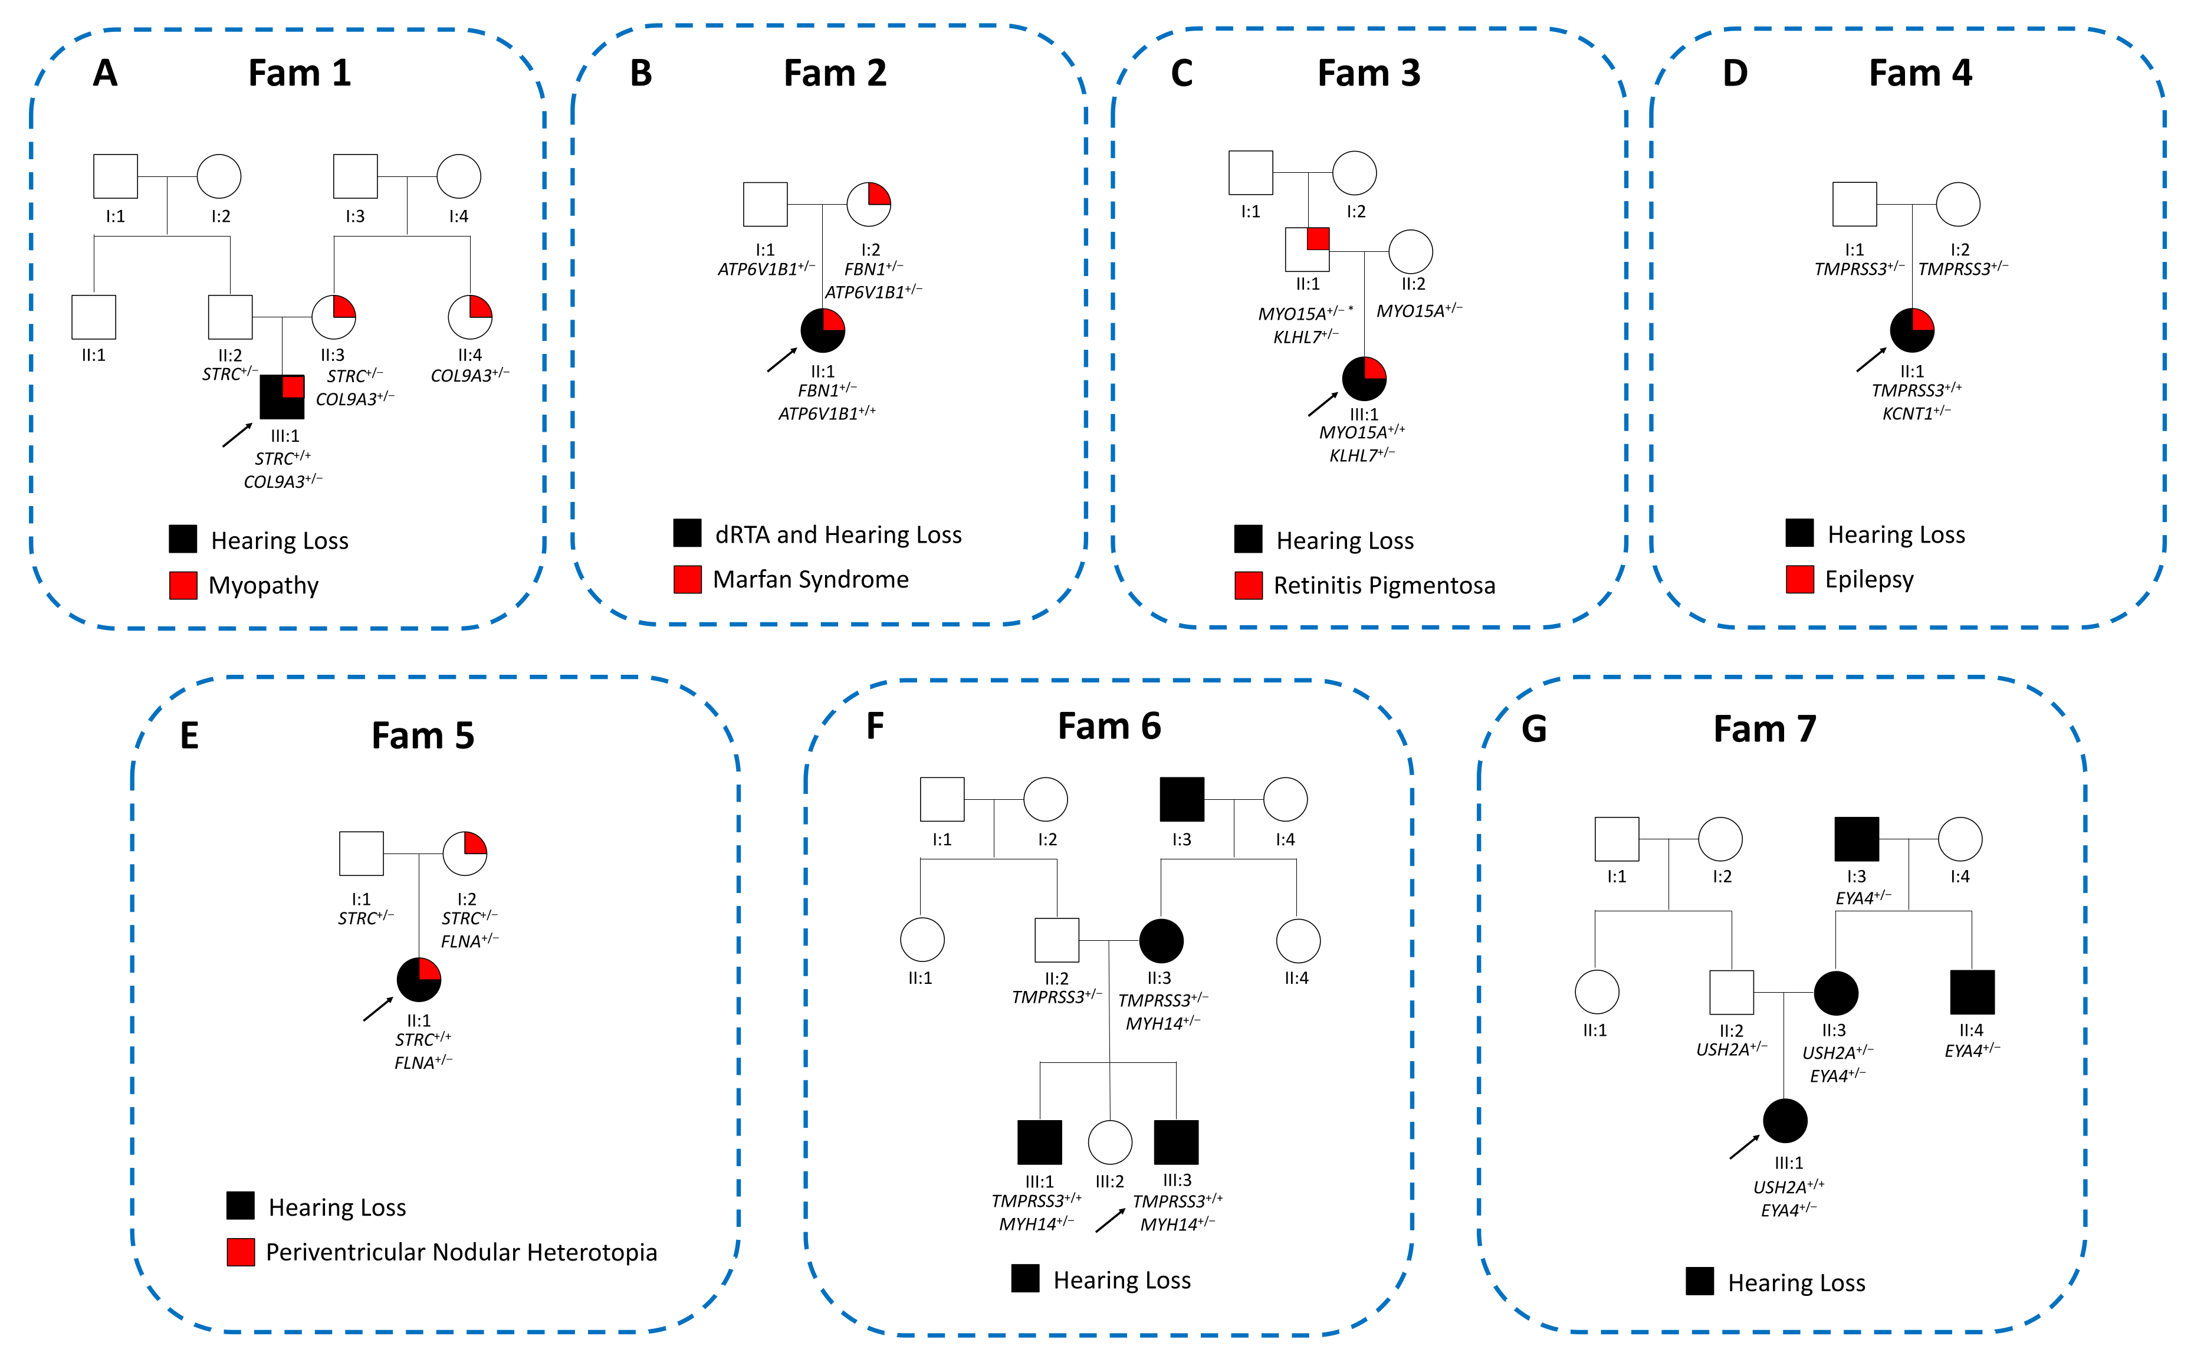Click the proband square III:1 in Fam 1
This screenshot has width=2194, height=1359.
[281, 396]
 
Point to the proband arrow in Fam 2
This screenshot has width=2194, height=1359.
[781, 360]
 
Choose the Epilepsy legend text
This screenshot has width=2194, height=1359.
[1869, 580]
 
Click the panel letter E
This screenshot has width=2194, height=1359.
[189, 735]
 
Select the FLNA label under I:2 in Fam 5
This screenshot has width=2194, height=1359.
[469, 941]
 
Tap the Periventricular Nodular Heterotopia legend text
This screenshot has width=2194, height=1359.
[461, 1252]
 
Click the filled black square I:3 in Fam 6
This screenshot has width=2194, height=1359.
[1181, 799]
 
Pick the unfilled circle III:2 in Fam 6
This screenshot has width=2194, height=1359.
[1109, 1143]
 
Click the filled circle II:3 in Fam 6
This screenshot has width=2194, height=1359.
[1161, 940]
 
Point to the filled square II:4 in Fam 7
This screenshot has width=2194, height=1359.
[1972, 992]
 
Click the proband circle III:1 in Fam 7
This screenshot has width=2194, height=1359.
[1784, 1121]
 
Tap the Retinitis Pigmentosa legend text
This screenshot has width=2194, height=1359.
[1384, 586]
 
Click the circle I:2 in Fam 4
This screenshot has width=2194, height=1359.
[1957, 204]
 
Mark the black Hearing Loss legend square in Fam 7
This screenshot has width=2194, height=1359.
[1699, 1282]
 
